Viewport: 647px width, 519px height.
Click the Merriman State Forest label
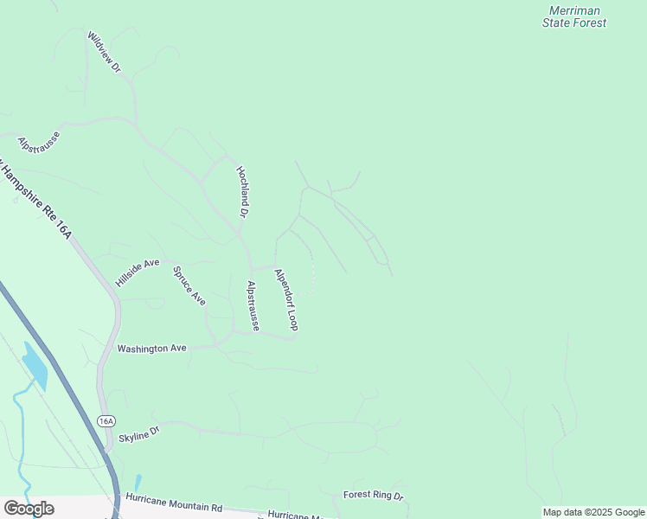click(574, 16)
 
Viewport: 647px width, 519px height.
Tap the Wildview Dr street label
click(103, 54)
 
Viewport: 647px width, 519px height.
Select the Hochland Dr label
click(243, 192)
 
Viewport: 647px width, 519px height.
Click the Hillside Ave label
click(138, 272)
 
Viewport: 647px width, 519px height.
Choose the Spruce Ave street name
click(189, 285)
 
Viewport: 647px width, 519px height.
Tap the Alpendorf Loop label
click(286, 299)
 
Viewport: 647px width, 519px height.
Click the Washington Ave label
click(152, 349)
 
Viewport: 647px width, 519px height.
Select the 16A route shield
click(106, 421)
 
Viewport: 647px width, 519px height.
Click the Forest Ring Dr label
click(374, 496)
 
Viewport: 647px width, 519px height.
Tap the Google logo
click(29, 509)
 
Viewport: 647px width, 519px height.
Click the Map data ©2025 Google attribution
click(593, 512)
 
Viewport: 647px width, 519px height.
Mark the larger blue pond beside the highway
click(35, 366)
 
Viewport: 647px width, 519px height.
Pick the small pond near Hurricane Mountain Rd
click(138, 481)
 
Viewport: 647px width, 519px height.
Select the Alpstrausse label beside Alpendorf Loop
click(253, 305)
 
